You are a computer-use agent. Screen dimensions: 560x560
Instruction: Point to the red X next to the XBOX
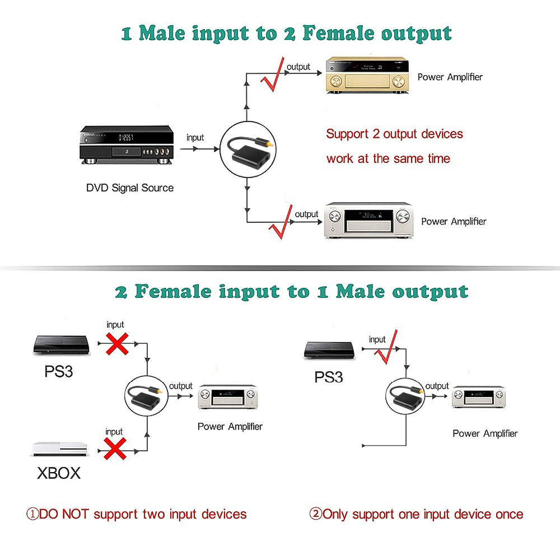click(x=114, y=449)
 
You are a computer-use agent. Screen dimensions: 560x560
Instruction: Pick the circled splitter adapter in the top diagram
click(x=247, y=149)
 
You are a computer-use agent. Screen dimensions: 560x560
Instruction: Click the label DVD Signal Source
click(x=129, y=188)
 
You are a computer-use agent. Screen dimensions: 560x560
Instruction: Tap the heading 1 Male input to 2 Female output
click(x=286, y=33)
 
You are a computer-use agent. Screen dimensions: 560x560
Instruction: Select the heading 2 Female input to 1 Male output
click(x=291, y=291)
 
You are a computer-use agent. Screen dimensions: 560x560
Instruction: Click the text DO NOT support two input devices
click(x=137, y=514)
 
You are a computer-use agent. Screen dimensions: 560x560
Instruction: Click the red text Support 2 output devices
click(x=394, y=134)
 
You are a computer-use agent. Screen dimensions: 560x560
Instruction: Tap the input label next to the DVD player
click(x=195, y=138)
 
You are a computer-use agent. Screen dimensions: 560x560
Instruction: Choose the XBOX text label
click(x=59, y=473)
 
